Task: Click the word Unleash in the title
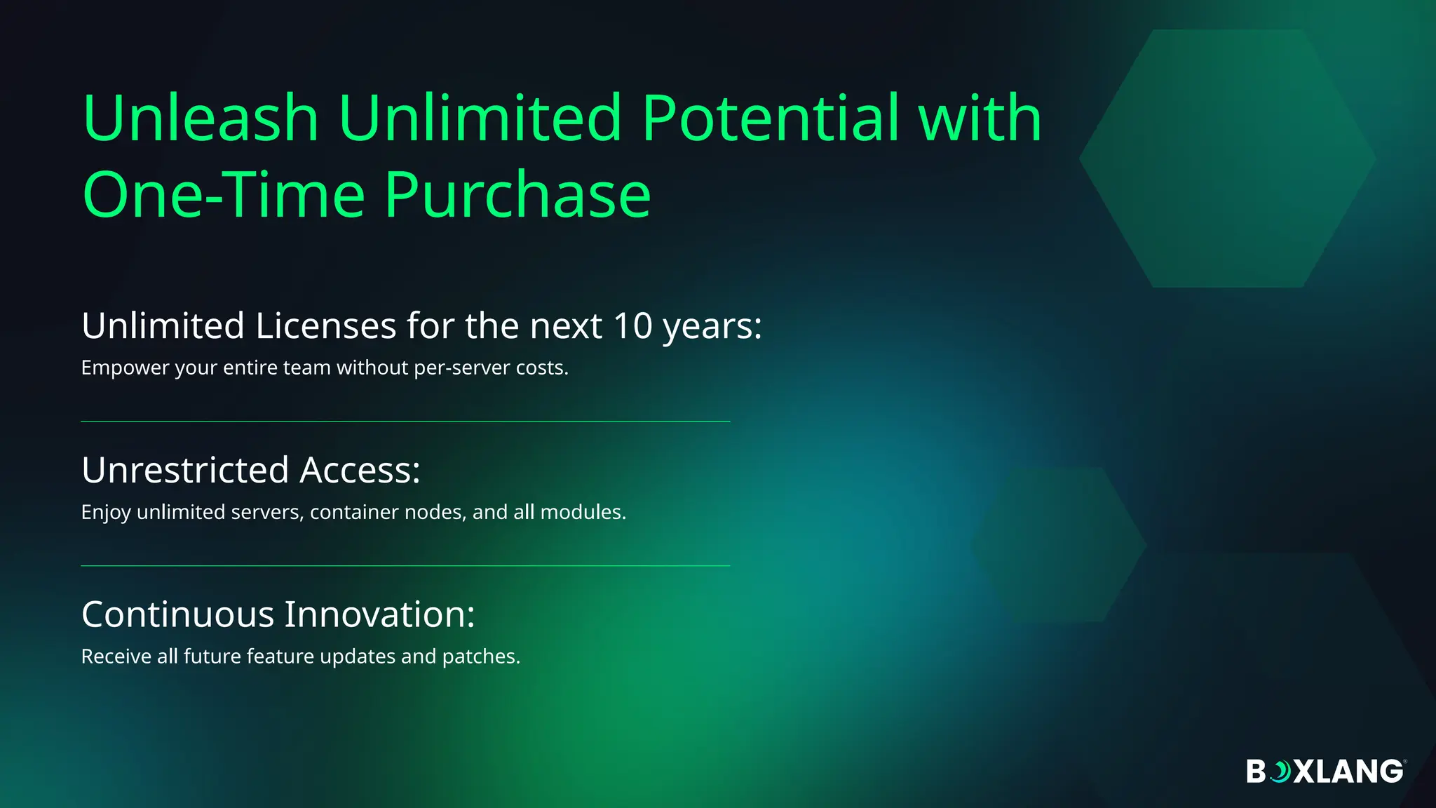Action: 201,118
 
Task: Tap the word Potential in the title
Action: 770,118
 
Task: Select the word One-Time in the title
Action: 224,195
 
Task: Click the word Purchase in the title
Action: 517,195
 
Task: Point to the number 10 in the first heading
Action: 632,326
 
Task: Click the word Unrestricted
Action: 185,470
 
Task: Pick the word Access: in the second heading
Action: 360,470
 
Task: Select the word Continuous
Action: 177,614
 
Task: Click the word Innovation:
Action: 379,614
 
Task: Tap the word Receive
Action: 116,657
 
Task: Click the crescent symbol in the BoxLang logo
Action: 1281,772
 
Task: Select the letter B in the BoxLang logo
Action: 1256,772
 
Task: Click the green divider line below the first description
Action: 405,422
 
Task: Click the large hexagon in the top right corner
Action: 1227,159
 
